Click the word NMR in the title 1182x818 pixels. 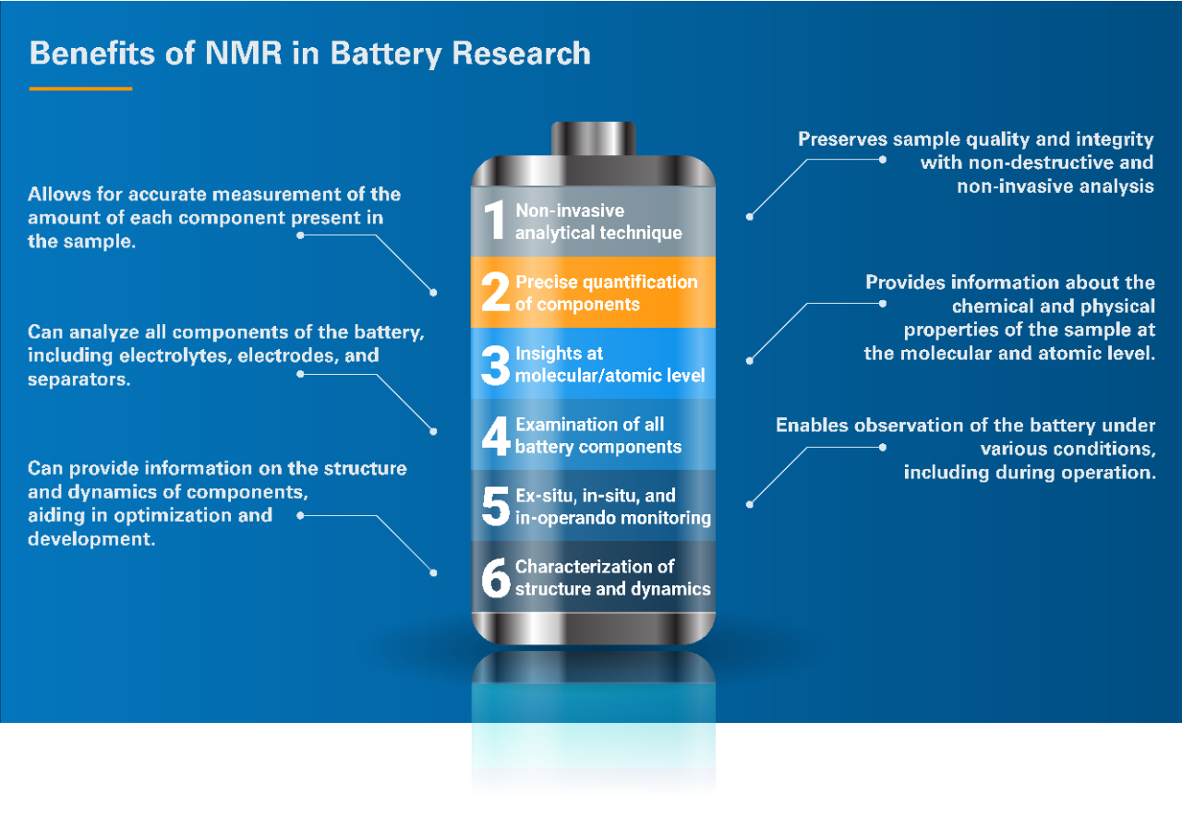pos(243,54)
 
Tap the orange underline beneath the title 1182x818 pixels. pos(80,89)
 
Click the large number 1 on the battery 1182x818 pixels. pos(494,220)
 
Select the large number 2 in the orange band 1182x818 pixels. pos(495,292)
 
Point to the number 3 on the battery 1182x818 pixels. pos(495,365)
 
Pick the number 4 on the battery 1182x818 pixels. pos(496,436)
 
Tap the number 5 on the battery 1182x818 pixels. pos(496,507)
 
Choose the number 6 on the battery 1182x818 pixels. pos(496,578)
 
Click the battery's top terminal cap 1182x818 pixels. pos(593,138)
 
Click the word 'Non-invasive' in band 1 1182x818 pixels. pos(570,211)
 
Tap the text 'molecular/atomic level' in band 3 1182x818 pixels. pos(610,375)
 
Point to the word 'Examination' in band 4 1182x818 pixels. pos(563,425)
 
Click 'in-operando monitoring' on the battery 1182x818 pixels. pos(613,518)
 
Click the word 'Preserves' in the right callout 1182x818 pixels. pos(843,138)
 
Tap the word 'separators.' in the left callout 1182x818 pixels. pos(79,379)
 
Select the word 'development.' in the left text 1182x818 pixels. pos(91,539)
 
